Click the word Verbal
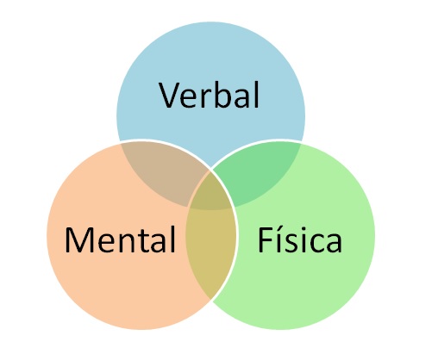coord(210,95)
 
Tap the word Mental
coord(120,239)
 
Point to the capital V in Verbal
coord(170,95)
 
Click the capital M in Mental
coord(79,240)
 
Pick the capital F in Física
coord(266,240)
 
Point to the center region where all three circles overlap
coord(211,192)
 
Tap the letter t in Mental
coord(145,241)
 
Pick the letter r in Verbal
coord(204,98)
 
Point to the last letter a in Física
coord(335,244)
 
